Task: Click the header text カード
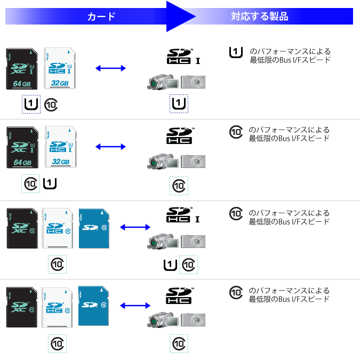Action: (x=101, y=17)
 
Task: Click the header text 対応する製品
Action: (x=259, y=17)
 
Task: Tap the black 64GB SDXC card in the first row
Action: (x=22, y=69)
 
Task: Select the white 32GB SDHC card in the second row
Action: (x=61, y=147)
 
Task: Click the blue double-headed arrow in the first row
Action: (x=110, y=68)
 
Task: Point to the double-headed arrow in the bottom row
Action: (x=135, y=306)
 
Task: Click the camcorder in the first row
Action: (x=163, y=82)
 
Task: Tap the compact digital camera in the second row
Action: (x=193, y=162)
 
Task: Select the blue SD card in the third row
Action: (x=94, y=228)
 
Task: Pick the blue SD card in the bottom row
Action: (x=93, y=306)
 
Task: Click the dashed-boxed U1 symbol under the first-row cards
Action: (x=31, y=104)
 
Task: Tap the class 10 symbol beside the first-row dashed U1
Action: (x=51, y=105)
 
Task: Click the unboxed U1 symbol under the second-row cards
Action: (x=50, y=183)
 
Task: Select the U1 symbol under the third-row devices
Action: (x=170, y=265)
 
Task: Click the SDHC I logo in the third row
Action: (x=183, y=215)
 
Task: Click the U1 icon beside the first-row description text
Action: (x=236, y=52)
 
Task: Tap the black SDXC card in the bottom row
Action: (x=22, y=307)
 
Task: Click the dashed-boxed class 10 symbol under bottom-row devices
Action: (x=179, y=343)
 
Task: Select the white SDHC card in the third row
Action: (x=58, y=228)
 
